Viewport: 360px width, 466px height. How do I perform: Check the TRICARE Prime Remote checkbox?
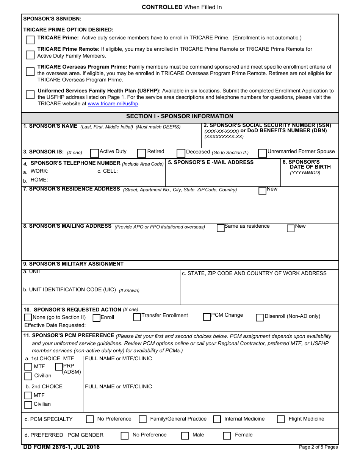tap(30, 55)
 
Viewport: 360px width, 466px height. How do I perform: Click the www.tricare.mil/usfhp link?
tap(113, 104)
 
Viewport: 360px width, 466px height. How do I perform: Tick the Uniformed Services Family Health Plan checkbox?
tap(30, 95)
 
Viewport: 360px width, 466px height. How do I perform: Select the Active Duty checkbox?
tap(94, 153)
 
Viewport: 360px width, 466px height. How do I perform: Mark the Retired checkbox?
tap(141, 153)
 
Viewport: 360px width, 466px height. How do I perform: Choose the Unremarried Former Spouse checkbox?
tap(262, 153)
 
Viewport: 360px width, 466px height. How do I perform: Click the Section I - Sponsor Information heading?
tap(180, 117)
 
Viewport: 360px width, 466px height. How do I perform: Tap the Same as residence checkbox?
tap(221, 228)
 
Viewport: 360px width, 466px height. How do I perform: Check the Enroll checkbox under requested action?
tap(97, 318)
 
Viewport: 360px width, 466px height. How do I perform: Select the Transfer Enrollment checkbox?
tap(137, 317)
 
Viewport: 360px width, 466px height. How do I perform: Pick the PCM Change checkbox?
tap(207, 317)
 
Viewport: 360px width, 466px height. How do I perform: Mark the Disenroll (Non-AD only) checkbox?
tap(260, 317)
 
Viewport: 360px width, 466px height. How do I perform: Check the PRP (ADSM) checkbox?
tap(59, 367)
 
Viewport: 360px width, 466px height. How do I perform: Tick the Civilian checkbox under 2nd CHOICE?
tap(28, 405)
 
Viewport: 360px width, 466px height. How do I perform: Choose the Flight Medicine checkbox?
tap(281, 419)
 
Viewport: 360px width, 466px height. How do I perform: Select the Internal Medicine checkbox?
tap(217, 419)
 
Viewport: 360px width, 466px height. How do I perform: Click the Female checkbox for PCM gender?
tap(227, 436)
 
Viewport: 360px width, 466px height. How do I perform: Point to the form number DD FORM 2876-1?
tap(61, 447)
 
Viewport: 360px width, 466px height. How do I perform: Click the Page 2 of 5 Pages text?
tap(318, 447)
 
